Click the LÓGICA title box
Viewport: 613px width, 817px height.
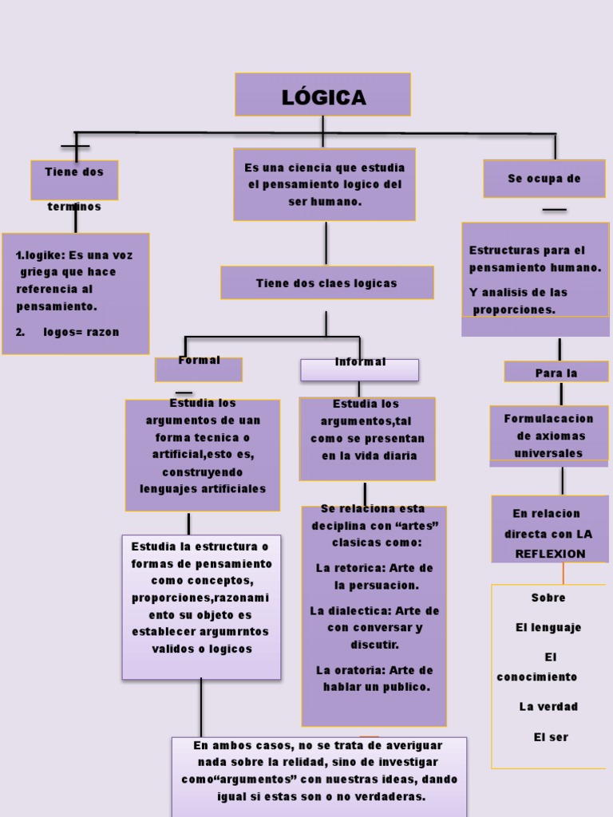pyautogui.click(x=322, y=95)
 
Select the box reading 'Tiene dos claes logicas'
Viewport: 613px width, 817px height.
pyautogui.click(x=326, y=283)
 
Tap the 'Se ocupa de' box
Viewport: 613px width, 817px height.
pyautogui.click(x=544, y=179)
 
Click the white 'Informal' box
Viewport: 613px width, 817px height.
pyautogui.click(x=359, y=369)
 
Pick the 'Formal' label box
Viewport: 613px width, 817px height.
pyautogui.click(x=199, y=368)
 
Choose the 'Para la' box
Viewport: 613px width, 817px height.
pyautogui.click(x=556, y=373)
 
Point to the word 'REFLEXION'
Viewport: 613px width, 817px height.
pyautogui.click(x=550, y=553)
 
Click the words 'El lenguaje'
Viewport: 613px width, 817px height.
pyautogui.click(x=548, y=627)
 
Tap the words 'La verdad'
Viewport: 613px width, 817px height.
pyautogui.click(x=548, y=706)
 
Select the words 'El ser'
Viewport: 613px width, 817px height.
pyautogui.click(x=551, y=737)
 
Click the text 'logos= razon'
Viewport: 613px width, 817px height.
pyautogui.click(x=81, y=332)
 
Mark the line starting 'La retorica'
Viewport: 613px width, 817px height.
pyautogui.click(x=374, y=568)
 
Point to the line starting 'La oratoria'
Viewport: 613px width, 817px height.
pyautogui.click(x=374, y=670)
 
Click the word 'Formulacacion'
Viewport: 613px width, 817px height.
pyautogui.click(x=548, y=418)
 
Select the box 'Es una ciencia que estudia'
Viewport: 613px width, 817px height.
pyautogui.click(x=324, y=184)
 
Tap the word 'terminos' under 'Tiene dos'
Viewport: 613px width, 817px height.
pyautogui.click(x=74, y=207)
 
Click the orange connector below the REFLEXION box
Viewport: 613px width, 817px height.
pyautogui.click(x=563, y=573)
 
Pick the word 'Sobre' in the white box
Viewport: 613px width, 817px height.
pyautogui.click(x=548, y=598)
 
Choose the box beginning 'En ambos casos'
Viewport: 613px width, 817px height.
pyautogui.click(x=319, y=771)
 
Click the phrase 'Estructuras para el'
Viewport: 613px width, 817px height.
pyautogui.click(x=527, y=251)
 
